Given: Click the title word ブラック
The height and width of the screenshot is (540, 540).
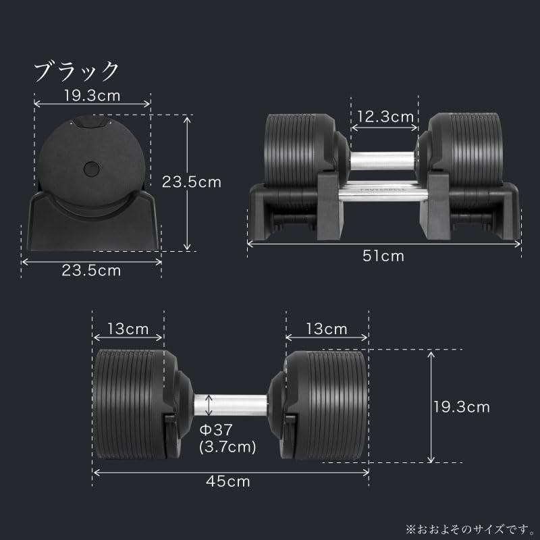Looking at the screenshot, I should tap(76, 70).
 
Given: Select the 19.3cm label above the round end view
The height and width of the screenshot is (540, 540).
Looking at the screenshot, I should tap(92, 95).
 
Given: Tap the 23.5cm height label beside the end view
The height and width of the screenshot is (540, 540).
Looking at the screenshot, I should tap(192, 181).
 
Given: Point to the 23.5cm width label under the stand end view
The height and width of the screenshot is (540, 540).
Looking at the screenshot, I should tap(92, 271).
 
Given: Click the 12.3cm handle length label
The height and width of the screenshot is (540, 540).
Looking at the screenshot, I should tap(385, 117).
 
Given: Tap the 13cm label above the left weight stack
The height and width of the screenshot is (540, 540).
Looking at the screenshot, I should tap(128, 329).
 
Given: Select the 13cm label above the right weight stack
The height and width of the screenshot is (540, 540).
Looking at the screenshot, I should tap(327, 329).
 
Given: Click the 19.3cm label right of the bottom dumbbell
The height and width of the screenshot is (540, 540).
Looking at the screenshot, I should tap(462, 406).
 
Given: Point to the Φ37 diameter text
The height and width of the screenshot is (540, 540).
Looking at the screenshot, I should tap(216, 430).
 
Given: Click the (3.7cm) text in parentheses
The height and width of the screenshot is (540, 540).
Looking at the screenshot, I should tap(227, 446).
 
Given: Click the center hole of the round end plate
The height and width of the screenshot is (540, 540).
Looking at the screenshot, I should tap(90, 167).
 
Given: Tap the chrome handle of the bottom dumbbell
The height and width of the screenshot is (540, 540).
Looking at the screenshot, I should tap(233, 405).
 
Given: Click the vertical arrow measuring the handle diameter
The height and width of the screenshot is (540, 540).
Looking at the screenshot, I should tap(209, 405).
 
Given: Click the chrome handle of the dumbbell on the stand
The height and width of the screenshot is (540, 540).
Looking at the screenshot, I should tap(383, 159).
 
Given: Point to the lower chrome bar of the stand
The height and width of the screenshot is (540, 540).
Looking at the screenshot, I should tap(383, 196).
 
